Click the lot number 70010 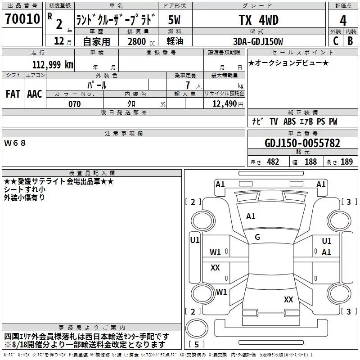(x=22, y=19)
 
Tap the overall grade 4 (x=343, y=21)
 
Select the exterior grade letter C (x=336, y=41)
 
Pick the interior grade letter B (x=351, y=41)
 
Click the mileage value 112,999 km (x=53, y=65)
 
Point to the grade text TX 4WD (x=259, y=20)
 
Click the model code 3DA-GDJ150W (x=258, y=41)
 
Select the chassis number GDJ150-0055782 (x=302, y=143)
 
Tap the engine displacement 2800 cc (x=141, y=41)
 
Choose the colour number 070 (x=75, y=104)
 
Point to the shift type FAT (x=13, y=94)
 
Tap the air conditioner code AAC (x=35, y=94)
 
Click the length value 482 (x=273, y=162)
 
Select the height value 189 (x=346, y=162)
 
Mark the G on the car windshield (x=257, y=237)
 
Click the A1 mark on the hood (x=251, y=216)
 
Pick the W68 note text (x=15, y=143)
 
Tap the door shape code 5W (x=174, y=20)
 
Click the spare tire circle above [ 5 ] (x=197, y=328)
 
